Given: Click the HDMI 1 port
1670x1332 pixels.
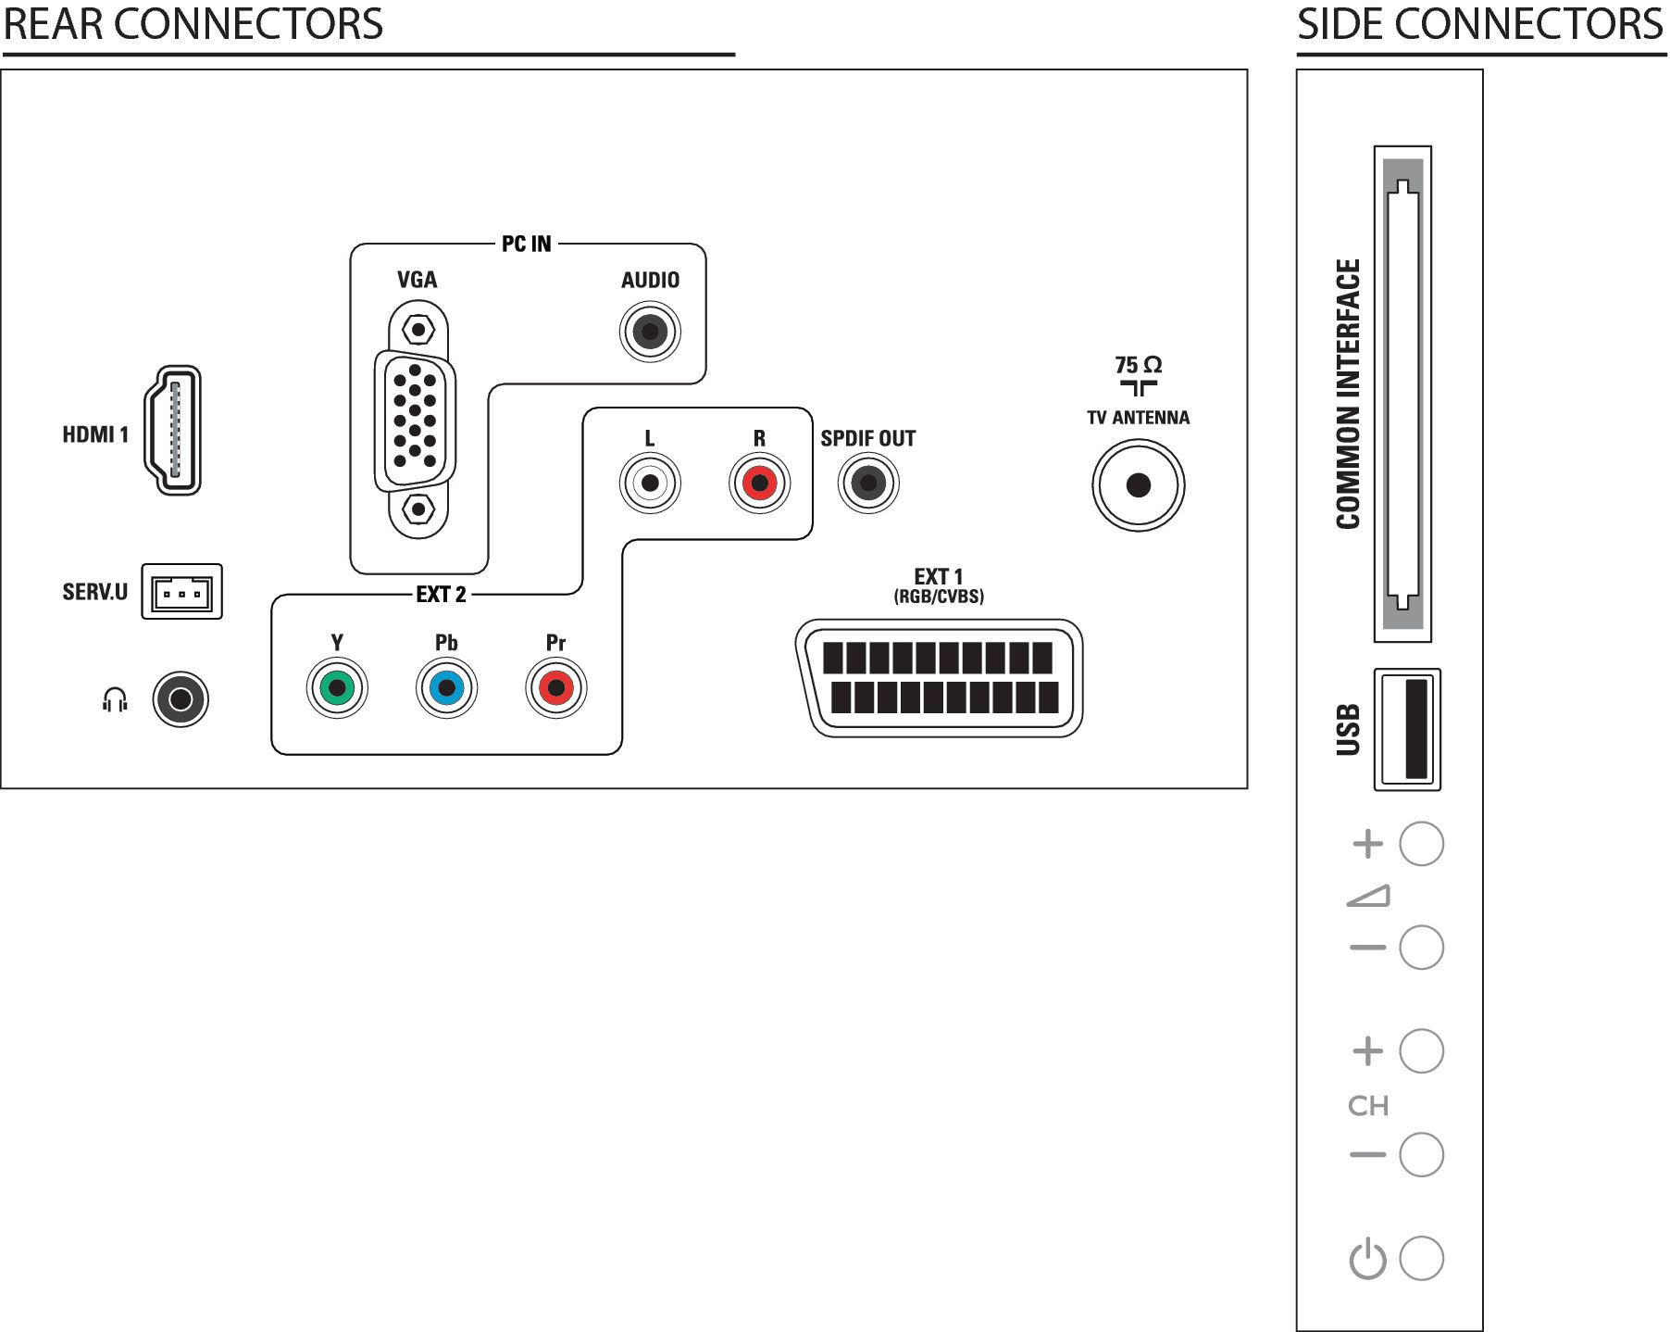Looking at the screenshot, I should pyautogui.click(x=173, y=431).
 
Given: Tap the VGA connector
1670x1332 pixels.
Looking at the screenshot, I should pyautogui.click(x=416, y=420).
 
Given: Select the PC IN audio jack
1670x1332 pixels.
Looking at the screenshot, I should pyautogui.click(x=650, y=332).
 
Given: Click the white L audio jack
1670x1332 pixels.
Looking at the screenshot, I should pyautogui.click(x=650, y=483).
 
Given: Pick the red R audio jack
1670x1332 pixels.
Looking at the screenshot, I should pyautogui.click(x=759, y=483).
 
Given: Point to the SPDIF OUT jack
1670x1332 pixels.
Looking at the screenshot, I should pyautogui.click(x=868, y=483).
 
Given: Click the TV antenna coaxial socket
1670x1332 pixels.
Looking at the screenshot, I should pyautogui.click(x=1139, y=484).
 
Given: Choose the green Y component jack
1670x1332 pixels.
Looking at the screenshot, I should pyautogui.click(x=337, y=688).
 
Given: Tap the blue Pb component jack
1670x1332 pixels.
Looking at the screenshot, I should pyautogui.click(x=446, y=688).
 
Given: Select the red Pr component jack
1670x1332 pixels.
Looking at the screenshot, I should pyautogui.click(x=555, y=688).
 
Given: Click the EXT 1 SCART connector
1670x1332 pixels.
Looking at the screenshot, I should pyautogui.click(x=939, y=678).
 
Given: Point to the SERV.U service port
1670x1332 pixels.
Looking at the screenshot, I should pyautogui.click(x=181, y=592).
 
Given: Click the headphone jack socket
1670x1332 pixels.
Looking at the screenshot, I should pyautogui.click(x=181, y=699).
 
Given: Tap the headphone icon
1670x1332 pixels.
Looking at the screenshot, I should pyautogui.click(x=115, y=699).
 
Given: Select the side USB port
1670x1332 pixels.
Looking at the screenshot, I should pyautogui.click(x=1407, y=729).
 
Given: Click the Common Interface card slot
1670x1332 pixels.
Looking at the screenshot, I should pyautogui.click(x=1402, y=394).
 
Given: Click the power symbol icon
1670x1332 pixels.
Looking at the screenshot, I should pyautogui.click(x=1367, y=1260).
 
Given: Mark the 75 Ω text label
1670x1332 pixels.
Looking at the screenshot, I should pyautogui.click(x=1138, y=365).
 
